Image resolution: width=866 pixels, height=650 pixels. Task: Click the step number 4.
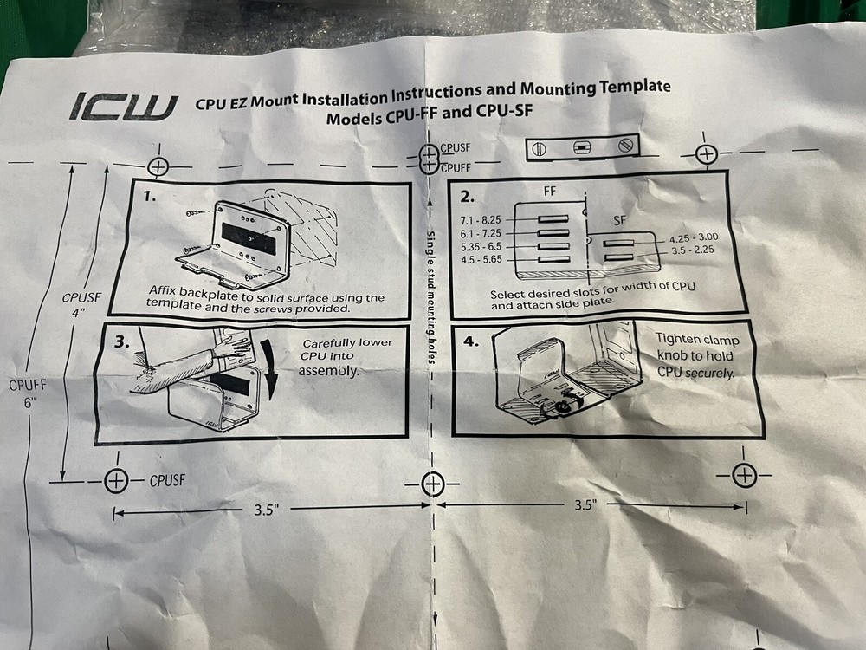click(x=470, y=341)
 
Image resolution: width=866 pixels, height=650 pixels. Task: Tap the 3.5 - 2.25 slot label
click(x=690, y=251)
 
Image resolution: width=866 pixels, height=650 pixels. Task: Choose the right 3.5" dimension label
click(x=585, y=505)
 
